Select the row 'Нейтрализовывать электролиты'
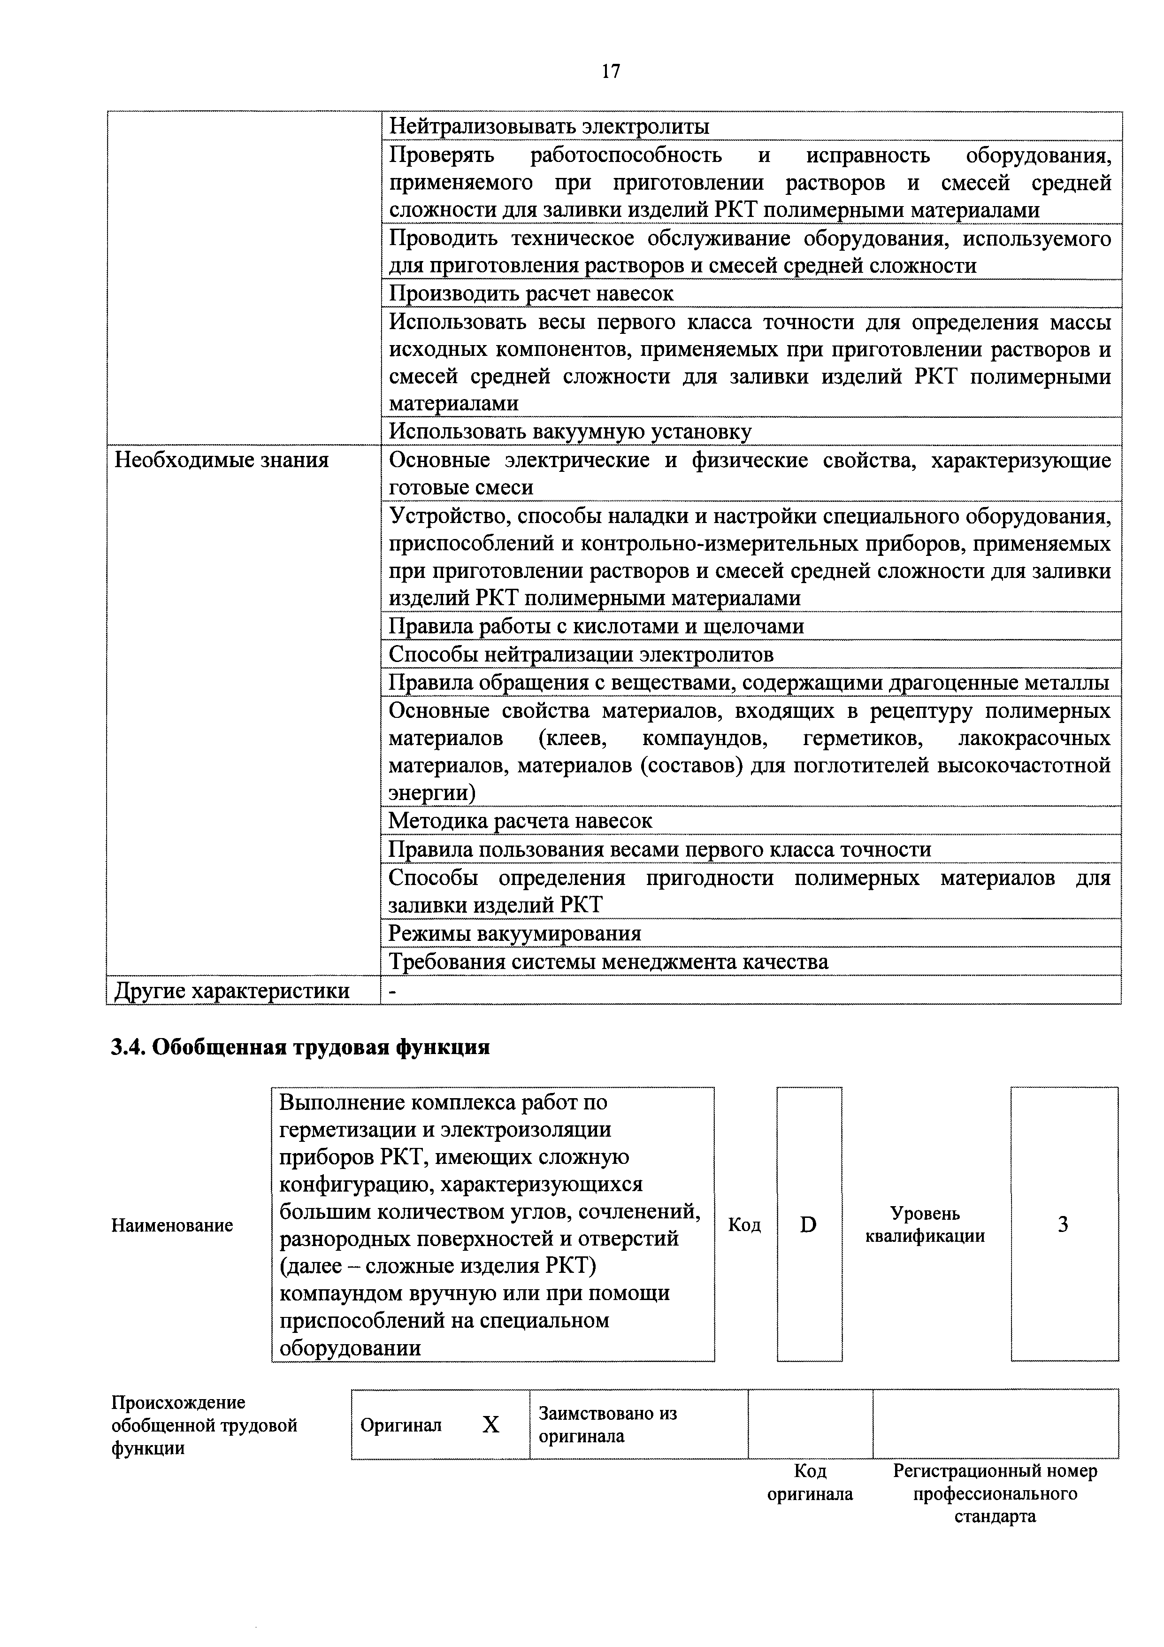[549, 127]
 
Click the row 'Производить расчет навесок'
[531, 293]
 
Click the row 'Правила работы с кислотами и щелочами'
[596, 626]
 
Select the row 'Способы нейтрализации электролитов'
[581, 654]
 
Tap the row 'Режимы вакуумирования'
[515, 933]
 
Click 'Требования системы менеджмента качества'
[608, 961]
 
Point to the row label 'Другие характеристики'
[232, 991]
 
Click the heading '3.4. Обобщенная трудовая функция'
[300, 1047]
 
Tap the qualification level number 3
[1063, 1224]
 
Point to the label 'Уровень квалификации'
[925, 1224]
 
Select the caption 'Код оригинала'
[810, 1483]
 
